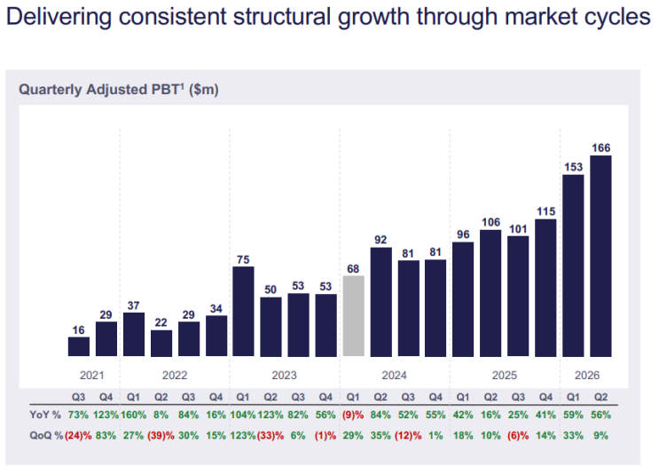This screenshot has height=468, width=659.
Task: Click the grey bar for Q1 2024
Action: click(x=354, y=316)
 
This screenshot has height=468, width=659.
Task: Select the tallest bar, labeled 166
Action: click(x=600, y=256)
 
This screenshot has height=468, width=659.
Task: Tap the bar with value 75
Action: click(x=243, y=312)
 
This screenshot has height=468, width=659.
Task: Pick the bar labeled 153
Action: click(x=573, y=266)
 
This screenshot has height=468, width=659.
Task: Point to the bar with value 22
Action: click(x=161, y=344)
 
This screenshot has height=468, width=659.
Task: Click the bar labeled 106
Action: click(x=490, y=293)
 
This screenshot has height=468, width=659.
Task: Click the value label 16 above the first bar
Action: click(x=79, y=330)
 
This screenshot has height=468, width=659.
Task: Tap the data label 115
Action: click(x=546, y=211)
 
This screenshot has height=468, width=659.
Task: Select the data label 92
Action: click(x=380, y=240)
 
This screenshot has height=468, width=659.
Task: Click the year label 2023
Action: click(x=284, y=375)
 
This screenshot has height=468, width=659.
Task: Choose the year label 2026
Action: click(x=587, y=375)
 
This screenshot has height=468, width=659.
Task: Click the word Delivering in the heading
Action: click(x=59, y=17)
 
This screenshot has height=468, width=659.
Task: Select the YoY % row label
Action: click(x=45, y=415)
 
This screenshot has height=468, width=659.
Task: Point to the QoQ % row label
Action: click(x=46, y=436)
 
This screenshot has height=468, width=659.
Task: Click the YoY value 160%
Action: click(x=134, y=415)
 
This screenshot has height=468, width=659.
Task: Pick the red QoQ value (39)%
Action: click(x=161, y=436)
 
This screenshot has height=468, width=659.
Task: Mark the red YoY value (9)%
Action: click(x=353, y=415)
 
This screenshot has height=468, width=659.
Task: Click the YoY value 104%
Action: click(x=243, y=415)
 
